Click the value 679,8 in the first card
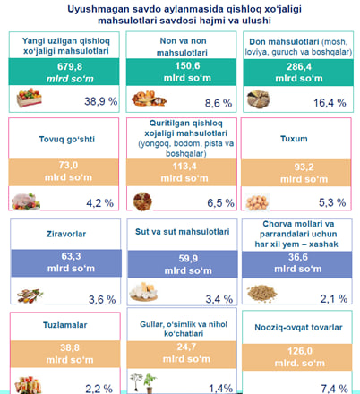(x=70, y=66)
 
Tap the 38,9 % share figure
(x=100, y=101)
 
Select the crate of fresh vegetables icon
(x=29, y=98)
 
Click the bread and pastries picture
(x=149, y=98)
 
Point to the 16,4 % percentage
(x=330, y=103)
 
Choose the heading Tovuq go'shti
(x=67, y=140)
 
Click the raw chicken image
(x=26, y=201)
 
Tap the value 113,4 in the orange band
(x=184, y=166)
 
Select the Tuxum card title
(x=294, y=139)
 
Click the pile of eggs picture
(x=257, y=202)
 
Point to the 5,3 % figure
(x=332, y=202)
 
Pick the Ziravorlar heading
(x=66, y=234)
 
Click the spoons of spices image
(x=30, y=295)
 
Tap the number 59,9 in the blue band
(x=188, y=259)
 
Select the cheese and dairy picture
(x=143, y=291)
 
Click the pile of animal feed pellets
(x=261, y=294)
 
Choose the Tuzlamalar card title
(x=65, y=325)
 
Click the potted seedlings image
(x=143, y=383)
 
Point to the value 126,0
(x=300, y=351)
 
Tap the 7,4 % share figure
(x=334, y=389)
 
